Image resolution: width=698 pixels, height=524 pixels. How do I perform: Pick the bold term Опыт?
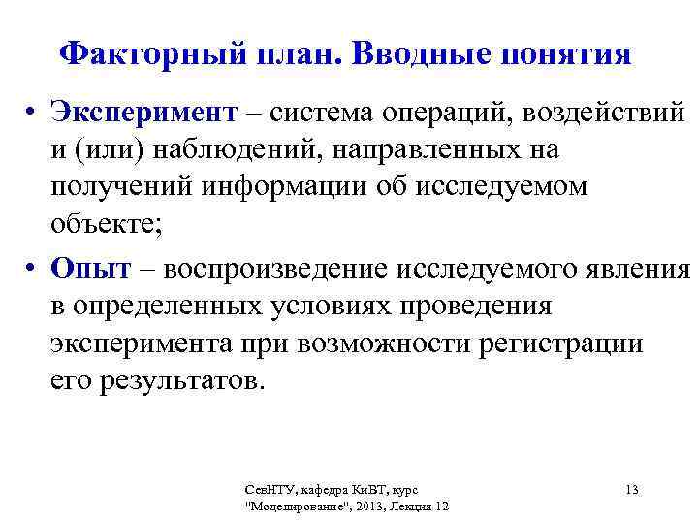tap(90, 269)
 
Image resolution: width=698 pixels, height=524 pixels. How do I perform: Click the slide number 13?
tap(631, 490)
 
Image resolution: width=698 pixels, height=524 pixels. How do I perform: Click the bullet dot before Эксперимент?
tap(34, 114)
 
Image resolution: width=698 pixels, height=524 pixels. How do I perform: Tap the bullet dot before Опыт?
tap(34, 269)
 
